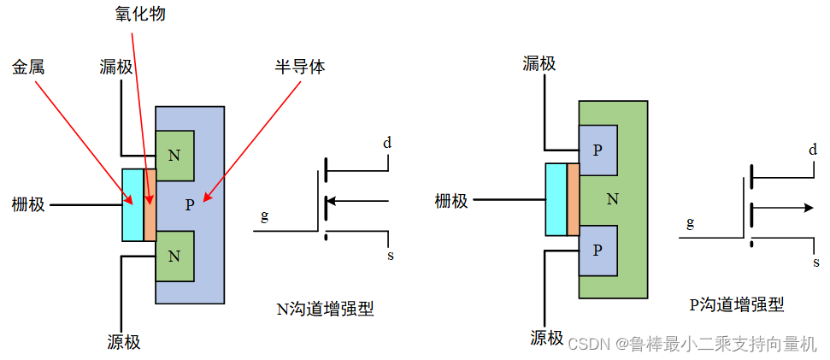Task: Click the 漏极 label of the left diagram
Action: [x=116, y=66]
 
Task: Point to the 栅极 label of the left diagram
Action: [x=29, y=204]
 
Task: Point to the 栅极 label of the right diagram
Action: [x=451, y=201]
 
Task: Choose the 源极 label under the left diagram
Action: [x=124, y=342]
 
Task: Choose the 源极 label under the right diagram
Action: [x=546, y=337]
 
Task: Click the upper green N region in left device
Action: [x=175, y=155]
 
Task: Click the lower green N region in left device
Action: [x=175, y=256]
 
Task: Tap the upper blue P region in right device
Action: [x=597, y=149]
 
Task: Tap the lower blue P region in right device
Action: [x=597, y=250]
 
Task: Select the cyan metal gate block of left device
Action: [x=132, y=204]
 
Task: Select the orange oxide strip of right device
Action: [x=573, y=199]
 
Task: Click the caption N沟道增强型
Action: [x=326, y=309]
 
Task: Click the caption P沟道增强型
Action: [x=736, y=304]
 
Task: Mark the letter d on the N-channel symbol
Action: [x=387, y=143]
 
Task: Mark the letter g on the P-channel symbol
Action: [x=689, y=223]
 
